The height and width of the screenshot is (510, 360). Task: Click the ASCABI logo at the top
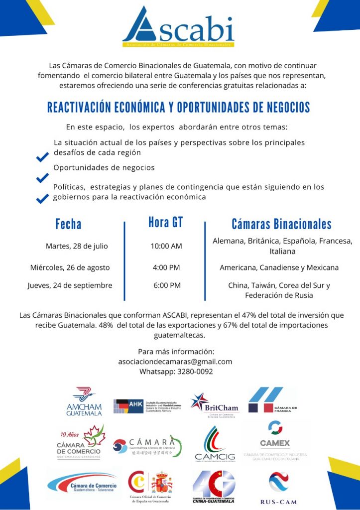[178, 27]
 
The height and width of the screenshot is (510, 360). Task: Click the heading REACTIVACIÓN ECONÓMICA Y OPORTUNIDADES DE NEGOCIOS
[178, 107]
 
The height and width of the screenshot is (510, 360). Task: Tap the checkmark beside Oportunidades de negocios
[42, 178]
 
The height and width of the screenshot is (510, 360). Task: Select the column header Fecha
[68, 224]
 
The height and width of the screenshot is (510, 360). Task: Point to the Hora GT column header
[165, 222]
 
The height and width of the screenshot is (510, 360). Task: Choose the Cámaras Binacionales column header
[281, 224]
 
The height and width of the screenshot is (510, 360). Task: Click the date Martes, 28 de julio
[77, 246]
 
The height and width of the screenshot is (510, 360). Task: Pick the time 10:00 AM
[166, 246]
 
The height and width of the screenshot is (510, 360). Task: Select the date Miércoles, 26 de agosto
[70, 267]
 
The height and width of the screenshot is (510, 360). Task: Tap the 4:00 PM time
[166, 267]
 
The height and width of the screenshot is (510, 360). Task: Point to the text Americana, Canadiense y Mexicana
[279, 267]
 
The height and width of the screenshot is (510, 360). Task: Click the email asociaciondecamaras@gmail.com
[175, 362]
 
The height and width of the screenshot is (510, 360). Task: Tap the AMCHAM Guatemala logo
[84, 402]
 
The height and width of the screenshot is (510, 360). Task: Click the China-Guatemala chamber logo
[214, 486]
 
